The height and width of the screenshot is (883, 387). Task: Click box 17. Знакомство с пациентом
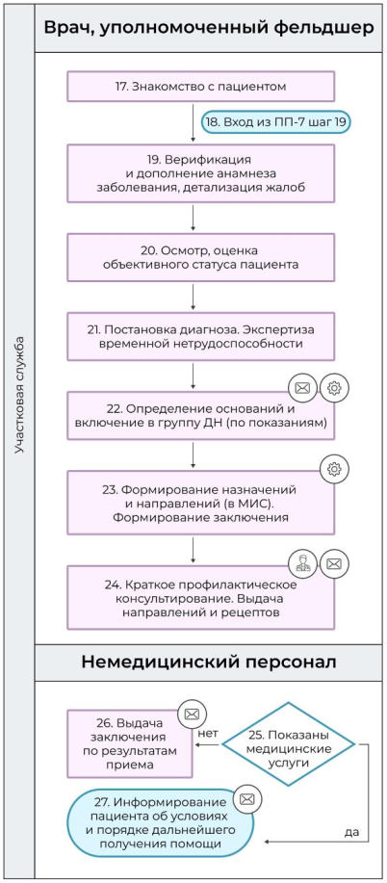(x=201, y=86)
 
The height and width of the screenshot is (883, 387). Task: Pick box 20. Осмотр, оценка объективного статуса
(x=201, y=255)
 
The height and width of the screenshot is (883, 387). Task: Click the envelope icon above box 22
(x=302, y=388)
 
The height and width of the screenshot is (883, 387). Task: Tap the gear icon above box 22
(x=334, y=388)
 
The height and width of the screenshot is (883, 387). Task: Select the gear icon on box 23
(x=334, y=469)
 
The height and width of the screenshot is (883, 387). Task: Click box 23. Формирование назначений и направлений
(x=201, y=499)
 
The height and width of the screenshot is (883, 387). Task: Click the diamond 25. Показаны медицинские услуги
(x=287, y=745)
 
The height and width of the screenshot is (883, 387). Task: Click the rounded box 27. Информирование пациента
(x=160, y=823)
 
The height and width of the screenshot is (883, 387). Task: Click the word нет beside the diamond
(x=207, y=734)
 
